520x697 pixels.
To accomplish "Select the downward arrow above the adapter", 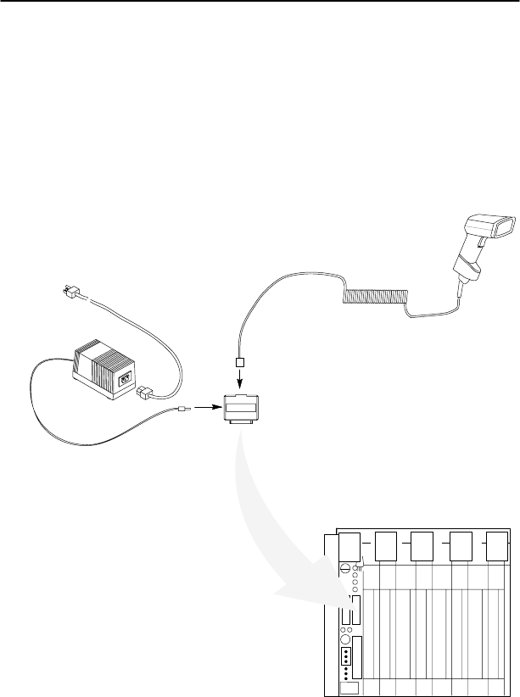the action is tap(241, 378).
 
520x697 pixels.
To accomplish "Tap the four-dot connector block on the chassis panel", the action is tap(347, 658).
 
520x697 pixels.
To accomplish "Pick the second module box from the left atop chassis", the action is tap(387, 545).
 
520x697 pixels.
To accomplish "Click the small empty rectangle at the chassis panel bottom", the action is tap(346, 689).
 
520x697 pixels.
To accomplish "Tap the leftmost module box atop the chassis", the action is tap(348, 545).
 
